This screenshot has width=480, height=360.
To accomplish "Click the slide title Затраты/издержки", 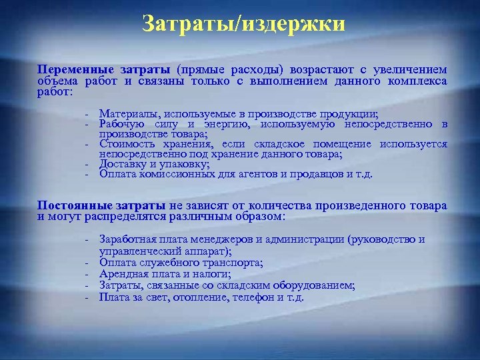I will tap(244, 25).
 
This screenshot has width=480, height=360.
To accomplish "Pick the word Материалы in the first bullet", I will tap(125, 114).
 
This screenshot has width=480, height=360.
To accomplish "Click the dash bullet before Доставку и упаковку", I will tap(87, 164).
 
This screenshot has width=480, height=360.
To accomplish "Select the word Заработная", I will tap(126, 239).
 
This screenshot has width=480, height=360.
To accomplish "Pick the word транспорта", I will tap(233, 263).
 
